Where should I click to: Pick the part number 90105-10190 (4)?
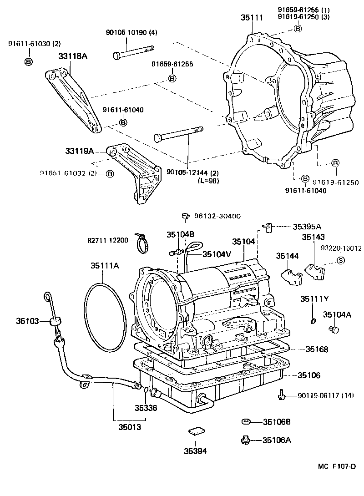131,32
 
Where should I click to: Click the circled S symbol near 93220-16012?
339,260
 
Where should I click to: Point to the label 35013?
130,427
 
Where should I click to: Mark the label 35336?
146,408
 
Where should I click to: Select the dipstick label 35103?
28,321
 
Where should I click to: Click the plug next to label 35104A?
333,329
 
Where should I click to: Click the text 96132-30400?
218,217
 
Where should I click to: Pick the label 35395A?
307,226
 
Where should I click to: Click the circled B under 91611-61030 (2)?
28,61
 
